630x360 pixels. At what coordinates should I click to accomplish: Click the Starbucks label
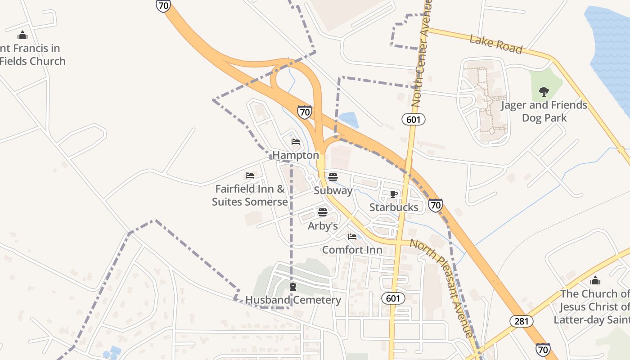(394, 207)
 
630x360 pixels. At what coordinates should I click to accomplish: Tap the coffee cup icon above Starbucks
(394, 194)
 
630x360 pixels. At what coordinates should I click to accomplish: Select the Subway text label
(333, 190)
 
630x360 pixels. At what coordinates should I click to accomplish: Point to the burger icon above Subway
(333, 177)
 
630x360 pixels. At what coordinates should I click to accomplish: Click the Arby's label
(323, 226)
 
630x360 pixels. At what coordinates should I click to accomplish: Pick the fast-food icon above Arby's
(323, 212)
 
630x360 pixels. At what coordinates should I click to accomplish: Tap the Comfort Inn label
(352, 250)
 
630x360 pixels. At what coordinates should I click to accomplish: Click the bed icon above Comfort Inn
(352, 236)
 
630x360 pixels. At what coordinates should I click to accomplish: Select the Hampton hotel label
(296, 155)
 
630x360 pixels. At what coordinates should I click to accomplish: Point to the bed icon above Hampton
(296, 142)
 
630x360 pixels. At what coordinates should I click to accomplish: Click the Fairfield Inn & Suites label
(250, 195)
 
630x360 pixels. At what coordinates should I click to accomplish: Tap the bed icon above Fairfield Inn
(250, 175)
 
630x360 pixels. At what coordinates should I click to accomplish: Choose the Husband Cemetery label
(293, 300)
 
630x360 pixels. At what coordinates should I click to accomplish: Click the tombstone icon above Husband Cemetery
(293, 287)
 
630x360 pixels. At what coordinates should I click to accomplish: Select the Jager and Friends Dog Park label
(544, 112)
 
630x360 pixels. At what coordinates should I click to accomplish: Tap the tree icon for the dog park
(544, 92)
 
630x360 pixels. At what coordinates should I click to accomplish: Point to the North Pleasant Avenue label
(442, 288)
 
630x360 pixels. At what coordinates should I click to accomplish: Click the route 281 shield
(522, 321)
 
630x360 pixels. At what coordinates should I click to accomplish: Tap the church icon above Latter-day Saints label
(595, 281)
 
